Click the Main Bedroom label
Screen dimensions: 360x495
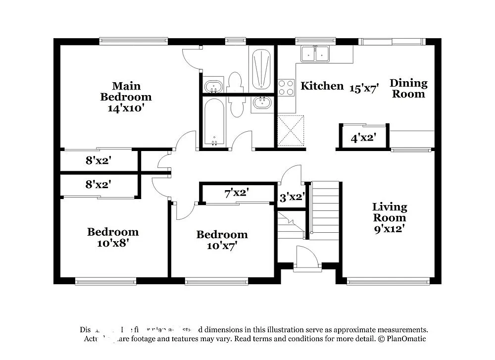[126, 91]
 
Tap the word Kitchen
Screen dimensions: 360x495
[322, 86]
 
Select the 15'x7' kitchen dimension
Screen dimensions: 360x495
[364, 89]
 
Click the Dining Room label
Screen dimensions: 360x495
[408, 88]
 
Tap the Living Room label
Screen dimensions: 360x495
[390, 212]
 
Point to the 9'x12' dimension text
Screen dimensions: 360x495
[390, 229]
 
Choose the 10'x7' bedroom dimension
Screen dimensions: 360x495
[222, 245]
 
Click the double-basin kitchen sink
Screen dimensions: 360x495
[316, 53]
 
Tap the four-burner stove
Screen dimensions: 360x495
[286, 87]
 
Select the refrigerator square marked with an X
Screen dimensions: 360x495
[291, 130]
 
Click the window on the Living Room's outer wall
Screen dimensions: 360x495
[388, 282]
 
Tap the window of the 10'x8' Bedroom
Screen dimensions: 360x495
[105, 282]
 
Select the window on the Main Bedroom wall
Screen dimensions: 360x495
[134, 41]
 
